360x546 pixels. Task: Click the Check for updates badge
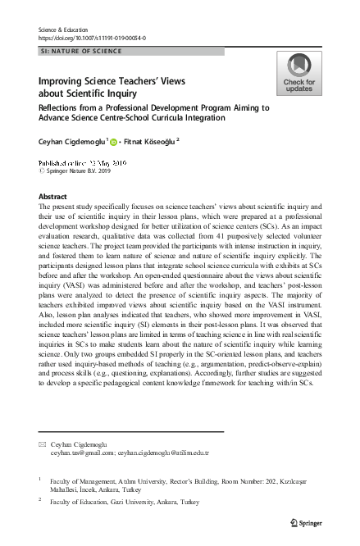[298, 73]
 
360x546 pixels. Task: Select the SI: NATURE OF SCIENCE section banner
[82, 51]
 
